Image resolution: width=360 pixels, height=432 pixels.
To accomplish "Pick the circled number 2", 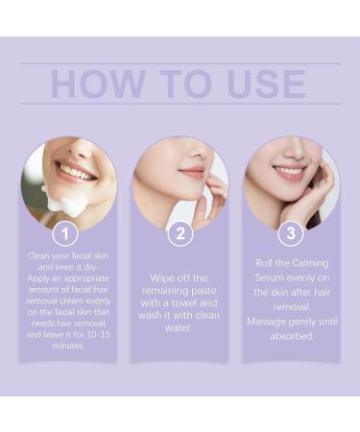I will [180, 233].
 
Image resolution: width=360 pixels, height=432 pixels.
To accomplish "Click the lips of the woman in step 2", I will [192, 173].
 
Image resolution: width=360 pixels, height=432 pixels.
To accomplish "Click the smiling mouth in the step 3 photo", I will [288, 173].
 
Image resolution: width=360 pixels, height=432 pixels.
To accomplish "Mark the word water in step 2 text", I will [180, 327].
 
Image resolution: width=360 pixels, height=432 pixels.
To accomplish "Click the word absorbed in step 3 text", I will [293, 336].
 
